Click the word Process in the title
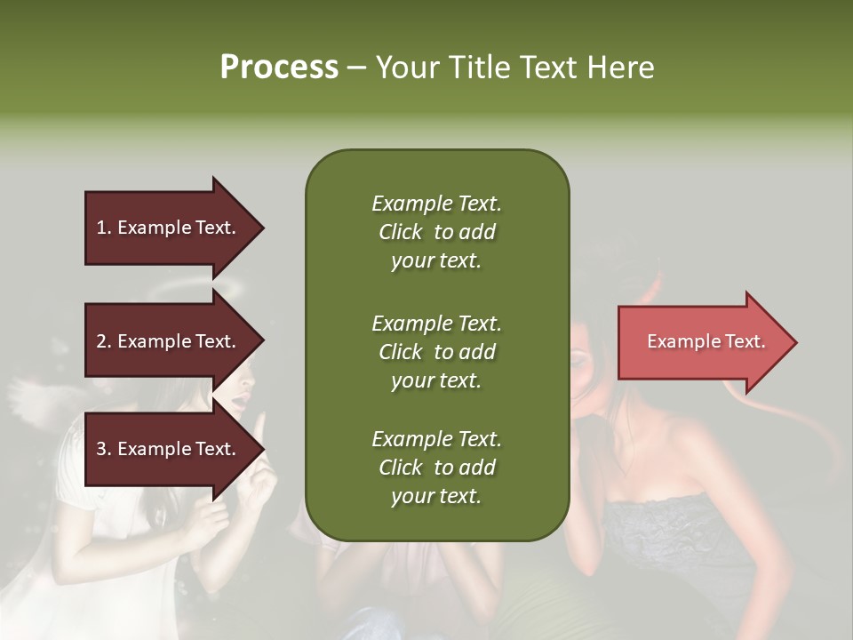tap(279, 68)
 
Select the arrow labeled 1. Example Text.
tap(169, 228)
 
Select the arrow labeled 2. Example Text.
tap(169, 341)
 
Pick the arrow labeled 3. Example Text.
tap(169, 449)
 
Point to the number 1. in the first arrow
tap(104, 228)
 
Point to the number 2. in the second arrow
tap(104, 341)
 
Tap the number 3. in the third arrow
tap(104, 449)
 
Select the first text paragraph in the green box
tap(436, 232)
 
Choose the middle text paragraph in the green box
tap(436, 351)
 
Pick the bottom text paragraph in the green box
tap(436, 468)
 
